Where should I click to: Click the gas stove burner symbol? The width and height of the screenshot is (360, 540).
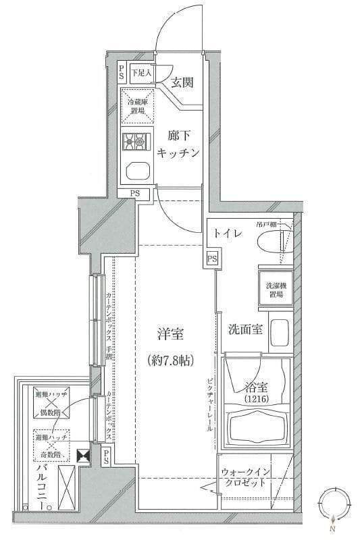pyautogui.click(x=135, y=141)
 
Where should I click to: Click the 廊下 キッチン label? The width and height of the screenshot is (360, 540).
pyautogui.click(x=178, y=144)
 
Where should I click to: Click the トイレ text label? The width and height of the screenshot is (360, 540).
pyautogui.click(x=228, y=233)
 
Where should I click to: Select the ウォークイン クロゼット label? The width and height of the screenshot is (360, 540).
pyautogui.click(x=247, y=478)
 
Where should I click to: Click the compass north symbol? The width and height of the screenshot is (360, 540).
pyautogui.click(x=333, y=504)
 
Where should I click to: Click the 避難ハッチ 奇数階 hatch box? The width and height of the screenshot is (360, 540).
pyautogui.click(x=50, y=443)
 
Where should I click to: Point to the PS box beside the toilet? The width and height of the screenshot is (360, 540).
pyautogui.click(x=212, y=259)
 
